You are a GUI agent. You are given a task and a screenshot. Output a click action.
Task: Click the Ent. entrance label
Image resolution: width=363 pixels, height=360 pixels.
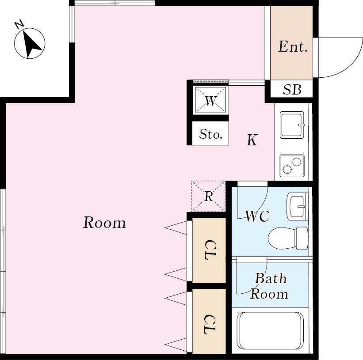[x=293, y=46]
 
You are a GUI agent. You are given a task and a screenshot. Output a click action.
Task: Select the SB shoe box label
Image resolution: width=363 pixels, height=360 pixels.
[x=292, y=90]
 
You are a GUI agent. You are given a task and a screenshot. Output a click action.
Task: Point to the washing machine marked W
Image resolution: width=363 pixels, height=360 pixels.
[x=210, y=100]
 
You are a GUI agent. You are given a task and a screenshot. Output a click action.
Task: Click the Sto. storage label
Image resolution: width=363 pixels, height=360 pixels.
[x=211, y=134]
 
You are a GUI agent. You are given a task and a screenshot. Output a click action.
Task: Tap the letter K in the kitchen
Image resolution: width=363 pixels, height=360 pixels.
[x=252, y=140]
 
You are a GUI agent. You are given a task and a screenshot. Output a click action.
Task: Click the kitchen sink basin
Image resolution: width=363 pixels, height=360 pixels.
[x=292, y=125]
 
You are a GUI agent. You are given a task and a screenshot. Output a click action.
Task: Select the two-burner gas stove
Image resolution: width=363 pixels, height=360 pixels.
[x=292, y=165]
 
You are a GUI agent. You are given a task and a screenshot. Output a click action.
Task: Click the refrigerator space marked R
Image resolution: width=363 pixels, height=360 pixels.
[x=208, y=196]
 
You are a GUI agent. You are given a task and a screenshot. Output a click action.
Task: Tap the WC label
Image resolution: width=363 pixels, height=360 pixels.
[x=257, y=216]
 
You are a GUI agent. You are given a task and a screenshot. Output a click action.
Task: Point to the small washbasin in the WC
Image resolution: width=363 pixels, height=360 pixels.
[x=297, y=206]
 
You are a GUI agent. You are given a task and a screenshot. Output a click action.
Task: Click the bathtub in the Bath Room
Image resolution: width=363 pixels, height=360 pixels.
[x=271, y=331]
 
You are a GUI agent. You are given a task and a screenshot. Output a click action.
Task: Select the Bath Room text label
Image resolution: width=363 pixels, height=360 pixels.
[x=269, y=286]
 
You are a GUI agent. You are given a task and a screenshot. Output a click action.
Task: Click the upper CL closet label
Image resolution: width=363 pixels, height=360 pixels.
[x=210, y=250]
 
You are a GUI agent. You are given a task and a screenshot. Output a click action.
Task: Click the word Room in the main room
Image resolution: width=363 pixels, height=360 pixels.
[x=104, y=223]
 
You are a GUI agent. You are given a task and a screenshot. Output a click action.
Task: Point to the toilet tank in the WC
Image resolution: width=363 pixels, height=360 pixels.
[x=302, y=238]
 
